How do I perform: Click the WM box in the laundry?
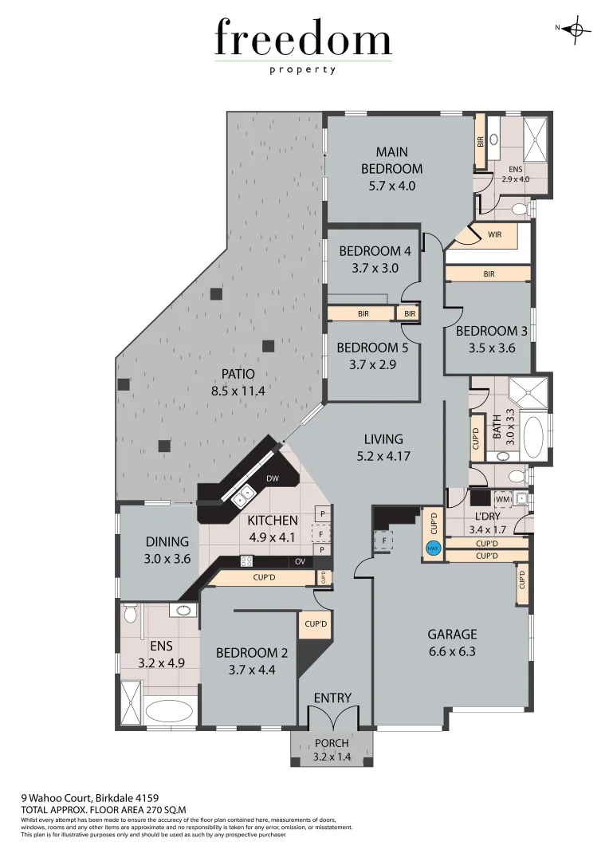(502, 499)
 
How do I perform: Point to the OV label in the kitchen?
(300, 562)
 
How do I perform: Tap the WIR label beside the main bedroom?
(494, 234)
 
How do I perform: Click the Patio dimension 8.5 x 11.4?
(238, 391)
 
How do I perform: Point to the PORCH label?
(332, 743)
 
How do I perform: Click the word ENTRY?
(332, 698)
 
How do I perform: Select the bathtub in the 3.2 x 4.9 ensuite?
(170, 711)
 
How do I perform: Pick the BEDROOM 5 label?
(367, 348)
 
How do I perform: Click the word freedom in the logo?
(303, 40)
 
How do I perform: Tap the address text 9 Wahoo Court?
(56, 796)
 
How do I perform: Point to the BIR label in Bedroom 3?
(489, 274)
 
